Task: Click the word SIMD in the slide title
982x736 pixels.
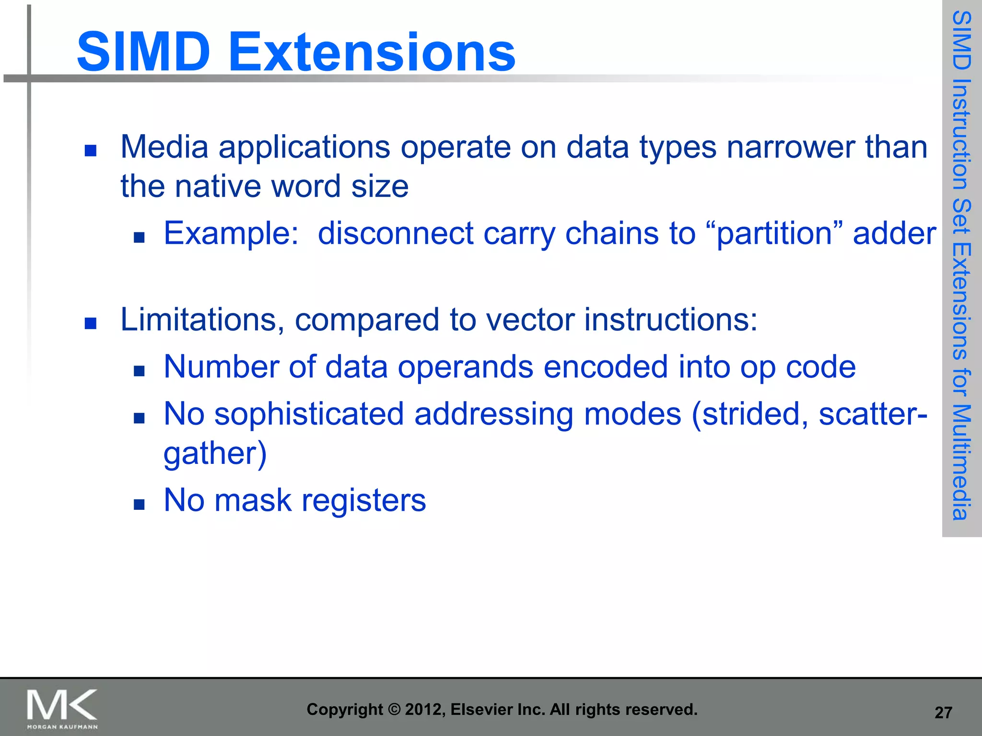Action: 143,52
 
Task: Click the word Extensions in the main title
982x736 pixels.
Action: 372,52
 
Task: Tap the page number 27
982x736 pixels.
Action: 943,713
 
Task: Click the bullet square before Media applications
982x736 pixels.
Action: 90,151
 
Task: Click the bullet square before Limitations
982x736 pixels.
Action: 90,323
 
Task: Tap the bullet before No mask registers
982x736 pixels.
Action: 139,504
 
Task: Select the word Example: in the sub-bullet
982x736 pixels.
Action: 231,234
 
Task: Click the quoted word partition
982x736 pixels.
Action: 774,234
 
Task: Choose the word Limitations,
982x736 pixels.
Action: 202,320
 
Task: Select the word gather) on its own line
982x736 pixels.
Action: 215,453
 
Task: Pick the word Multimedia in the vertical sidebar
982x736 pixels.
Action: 961,462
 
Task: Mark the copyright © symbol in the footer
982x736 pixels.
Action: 394,710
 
